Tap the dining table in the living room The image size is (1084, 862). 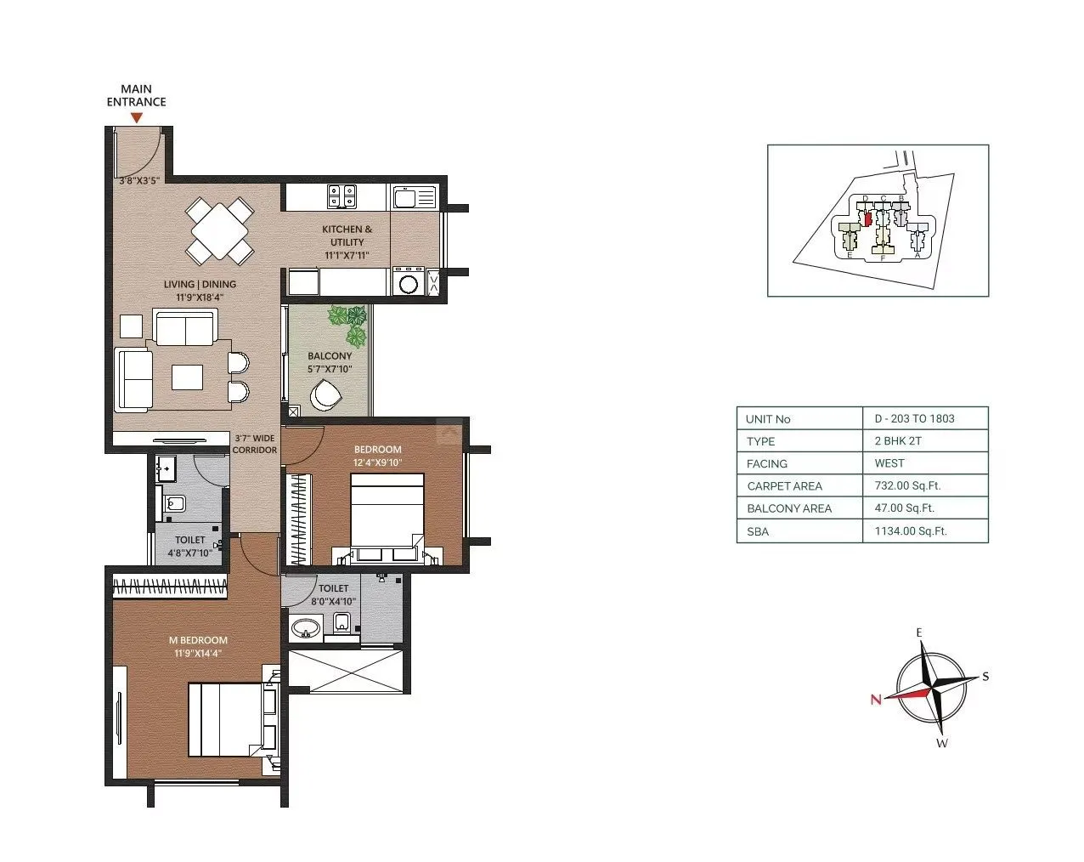[220, 230]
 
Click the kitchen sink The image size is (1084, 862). [414, 198]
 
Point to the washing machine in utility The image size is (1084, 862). [409, 282]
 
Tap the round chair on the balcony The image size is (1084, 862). [325, 395]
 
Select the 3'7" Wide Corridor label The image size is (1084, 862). [254, 444]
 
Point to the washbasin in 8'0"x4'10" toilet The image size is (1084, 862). [306, 629]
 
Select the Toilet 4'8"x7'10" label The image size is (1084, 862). [189, 546]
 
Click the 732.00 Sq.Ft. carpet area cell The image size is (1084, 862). [907, 486]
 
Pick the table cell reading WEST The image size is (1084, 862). [889, 463]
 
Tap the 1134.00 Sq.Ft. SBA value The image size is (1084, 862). [910, 531]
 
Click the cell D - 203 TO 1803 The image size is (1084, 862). [914, 418]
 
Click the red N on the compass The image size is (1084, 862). [875, 700]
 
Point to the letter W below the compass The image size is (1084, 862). [941, 743]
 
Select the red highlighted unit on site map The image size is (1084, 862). [867, 218]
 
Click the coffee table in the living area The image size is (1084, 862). [188, 377]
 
